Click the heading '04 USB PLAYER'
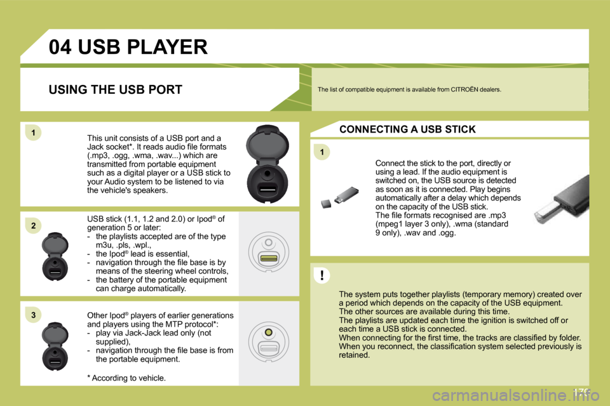(x=128, y=47)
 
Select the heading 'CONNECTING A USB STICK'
(x=407, y=129)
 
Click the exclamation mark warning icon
(x=322, y=275)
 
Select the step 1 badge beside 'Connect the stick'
(x=322, y=152)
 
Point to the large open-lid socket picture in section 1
(x=268, y=164)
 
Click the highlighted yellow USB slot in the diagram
(x=269, y=258)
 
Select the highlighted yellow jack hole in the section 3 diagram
(x=269, y=332)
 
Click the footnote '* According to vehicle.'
(x=126, y=378)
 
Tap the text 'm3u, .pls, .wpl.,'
(x=128, y=245)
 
